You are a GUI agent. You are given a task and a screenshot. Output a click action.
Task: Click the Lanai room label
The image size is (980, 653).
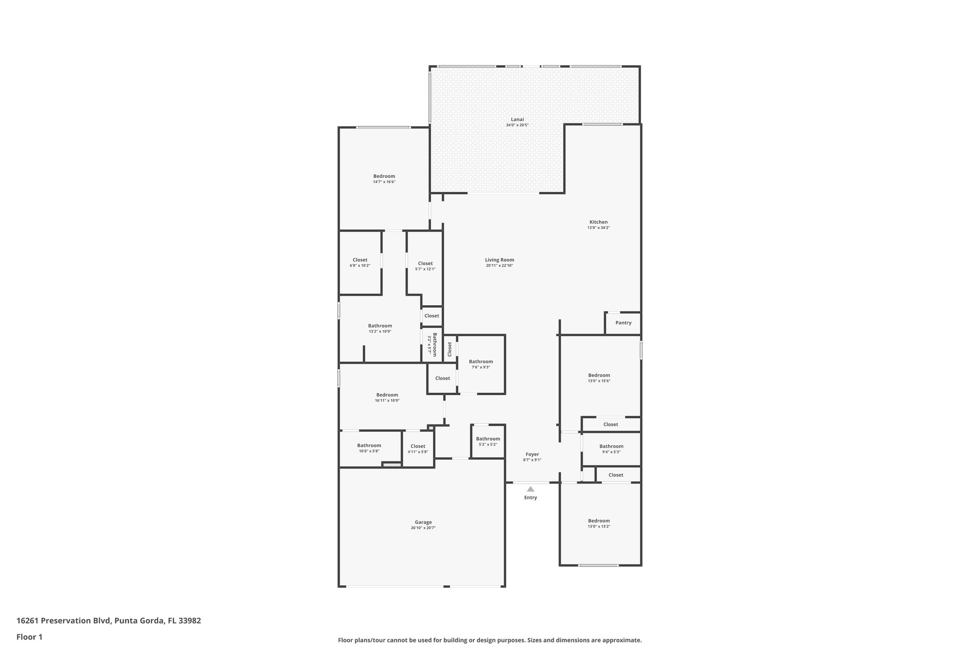point(517,120)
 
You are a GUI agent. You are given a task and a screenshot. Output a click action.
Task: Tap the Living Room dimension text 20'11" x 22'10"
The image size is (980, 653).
point(499,266)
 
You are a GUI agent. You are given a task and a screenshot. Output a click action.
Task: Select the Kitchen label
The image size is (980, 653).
point(598,222)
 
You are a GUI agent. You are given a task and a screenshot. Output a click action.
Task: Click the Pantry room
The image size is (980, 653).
point(623,323)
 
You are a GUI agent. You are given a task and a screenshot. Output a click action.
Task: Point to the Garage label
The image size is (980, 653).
point(423,522)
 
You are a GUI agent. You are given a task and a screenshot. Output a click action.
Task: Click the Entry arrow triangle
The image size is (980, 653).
point(530,489)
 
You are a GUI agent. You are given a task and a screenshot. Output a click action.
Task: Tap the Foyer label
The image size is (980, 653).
point(532,454)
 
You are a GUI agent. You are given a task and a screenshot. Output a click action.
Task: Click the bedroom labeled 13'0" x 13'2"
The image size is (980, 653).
point(599,523)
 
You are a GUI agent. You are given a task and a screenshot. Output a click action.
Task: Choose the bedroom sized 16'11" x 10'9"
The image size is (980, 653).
point(387,398)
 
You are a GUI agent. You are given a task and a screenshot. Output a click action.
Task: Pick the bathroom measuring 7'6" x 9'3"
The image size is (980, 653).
point(480,364)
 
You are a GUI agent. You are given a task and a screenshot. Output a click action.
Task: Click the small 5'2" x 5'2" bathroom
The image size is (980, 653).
point(488,441)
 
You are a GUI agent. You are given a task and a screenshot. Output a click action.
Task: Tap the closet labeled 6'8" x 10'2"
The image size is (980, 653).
point(360,262)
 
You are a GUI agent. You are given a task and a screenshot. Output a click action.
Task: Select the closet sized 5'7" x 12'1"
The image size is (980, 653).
point(425,266)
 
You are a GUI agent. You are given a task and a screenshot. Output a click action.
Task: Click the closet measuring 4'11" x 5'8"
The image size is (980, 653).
point(418,449)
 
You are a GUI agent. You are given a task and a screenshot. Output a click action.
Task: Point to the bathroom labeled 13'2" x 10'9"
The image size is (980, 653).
point(379,328)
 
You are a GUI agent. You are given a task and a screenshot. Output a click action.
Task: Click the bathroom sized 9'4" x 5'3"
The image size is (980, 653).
point(611,449)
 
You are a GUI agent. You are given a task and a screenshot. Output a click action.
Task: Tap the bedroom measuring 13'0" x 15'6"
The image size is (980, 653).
point(599,378)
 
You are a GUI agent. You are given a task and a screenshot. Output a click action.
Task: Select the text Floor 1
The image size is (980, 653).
point(29,637)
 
